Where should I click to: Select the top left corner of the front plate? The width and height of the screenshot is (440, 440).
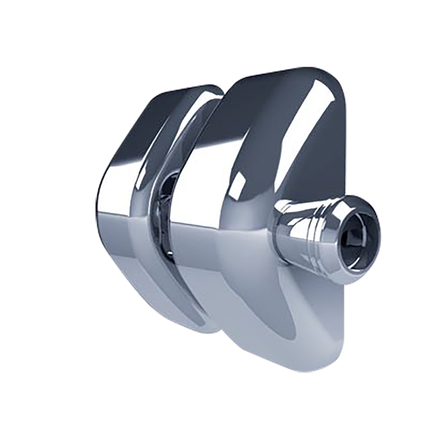pos(235,81)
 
